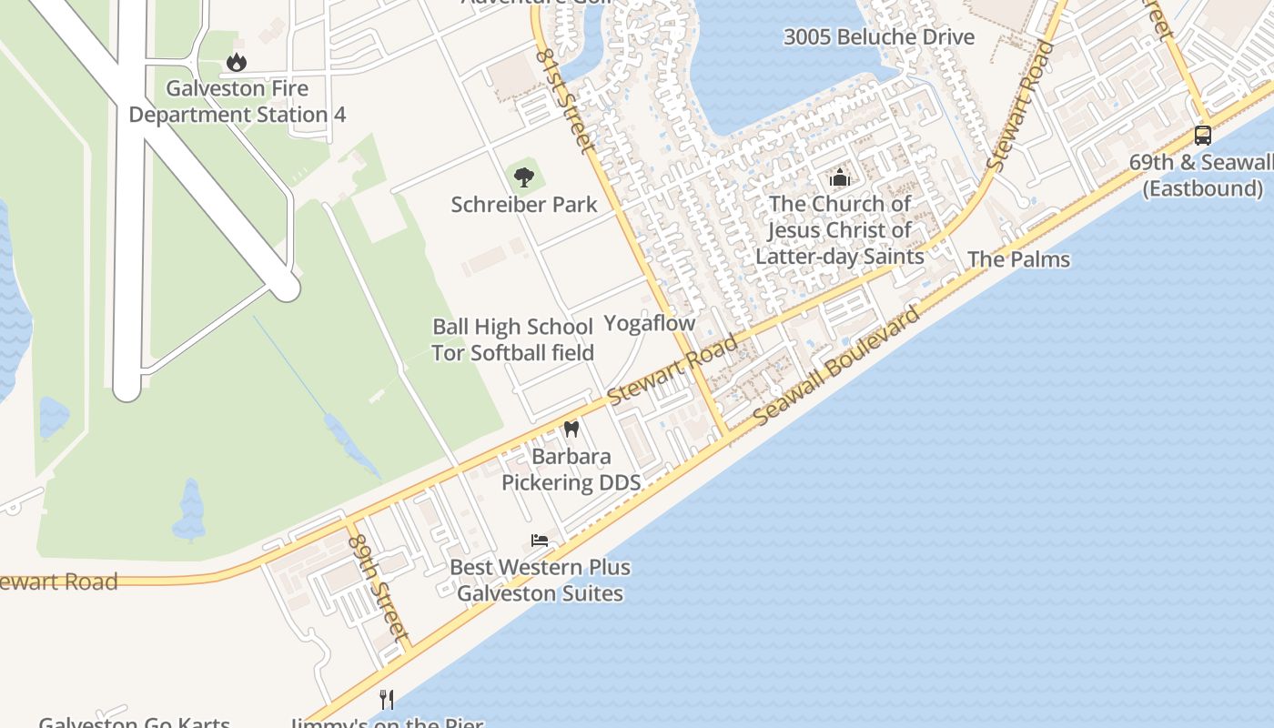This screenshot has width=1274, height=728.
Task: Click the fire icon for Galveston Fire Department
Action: point(237,63)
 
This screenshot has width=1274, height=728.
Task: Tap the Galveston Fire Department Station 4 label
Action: point(237,102)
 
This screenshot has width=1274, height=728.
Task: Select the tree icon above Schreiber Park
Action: point(523,177)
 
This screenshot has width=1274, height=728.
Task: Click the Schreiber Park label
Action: point(524,205)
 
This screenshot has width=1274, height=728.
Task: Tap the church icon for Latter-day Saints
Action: point(839,177)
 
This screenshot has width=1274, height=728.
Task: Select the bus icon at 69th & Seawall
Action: point(1202,136)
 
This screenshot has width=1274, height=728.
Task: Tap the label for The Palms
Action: point(1018,259)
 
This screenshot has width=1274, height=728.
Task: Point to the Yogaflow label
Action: point(650,323)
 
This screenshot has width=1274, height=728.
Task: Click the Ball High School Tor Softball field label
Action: point(512,339)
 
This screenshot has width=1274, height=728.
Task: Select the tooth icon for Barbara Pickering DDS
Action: point(571,429)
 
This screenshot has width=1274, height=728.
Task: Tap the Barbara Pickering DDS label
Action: point(571,470)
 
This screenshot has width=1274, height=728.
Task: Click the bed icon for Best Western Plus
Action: point(540,541)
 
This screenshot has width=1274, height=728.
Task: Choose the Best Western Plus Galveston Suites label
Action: point(541,581)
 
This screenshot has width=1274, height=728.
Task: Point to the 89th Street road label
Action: point(375,584)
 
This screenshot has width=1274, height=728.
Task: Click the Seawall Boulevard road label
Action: point(838,366)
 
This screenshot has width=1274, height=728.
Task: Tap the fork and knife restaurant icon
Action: point(387,699)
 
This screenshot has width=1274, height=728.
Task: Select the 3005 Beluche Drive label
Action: point(878,37)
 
